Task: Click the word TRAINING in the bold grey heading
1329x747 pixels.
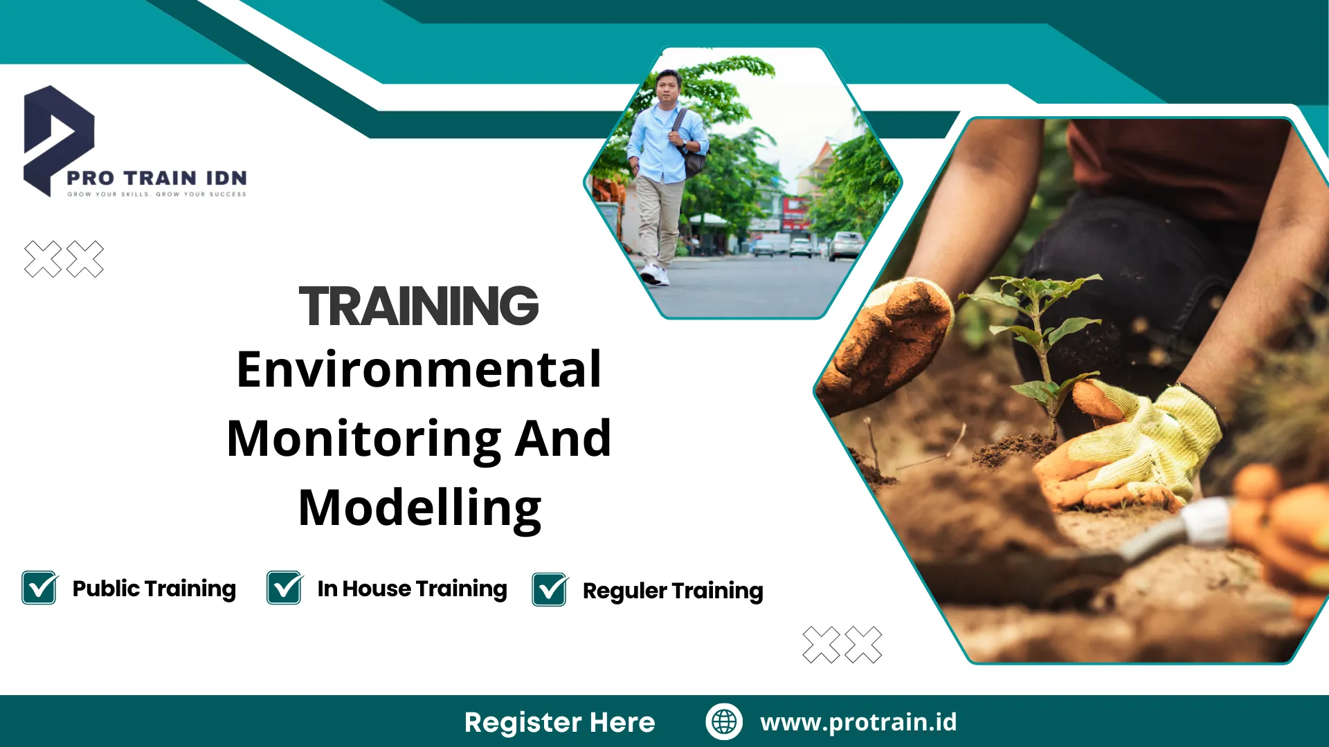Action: (x=419, y=306)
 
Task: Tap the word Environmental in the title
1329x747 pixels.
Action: (x=419, y=369)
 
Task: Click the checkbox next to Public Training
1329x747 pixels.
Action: (x=40, y=587)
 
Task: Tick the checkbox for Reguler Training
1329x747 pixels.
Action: (x=550, y=589)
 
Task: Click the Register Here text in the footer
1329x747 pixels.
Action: (x=559, y=722)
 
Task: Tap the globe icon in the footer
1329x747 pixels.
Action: (x=724, y=721)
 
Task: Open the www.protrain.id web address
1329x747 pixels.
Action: (x=858, y=722)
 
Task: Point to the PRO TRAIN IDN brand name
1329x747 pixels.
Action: (x=157, y=178)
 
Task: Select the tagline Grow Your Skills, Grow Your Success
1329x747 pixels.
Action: (x=157, y=194)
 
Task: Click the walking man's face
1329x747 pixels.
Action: (x=669, y=86)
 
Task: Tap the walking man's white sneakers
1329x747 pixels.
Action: (x=654, y=275)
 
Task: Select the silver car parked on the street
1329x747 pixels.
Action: (x=846, y=245)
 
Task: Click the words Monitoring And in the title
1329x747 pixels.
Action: (x=419, y=439)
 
